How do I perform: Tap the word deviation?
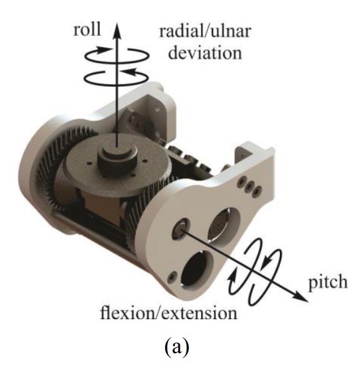pos(205,53)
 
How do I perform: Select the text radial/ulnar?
pos(205,31)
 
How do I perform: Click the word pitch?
pos(328,283)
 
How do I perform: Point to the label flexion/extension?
pos(169,314)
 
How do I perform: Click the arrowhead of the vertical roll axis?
pos(117,31)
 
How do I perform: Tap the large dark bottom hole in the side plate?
pos(197,269)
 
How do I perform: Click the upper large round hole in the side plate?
pos(224,224)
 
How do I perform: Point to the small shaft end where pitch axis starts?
pos(181,228)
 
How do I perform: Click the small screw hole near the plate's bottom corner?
pos(171,278)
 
